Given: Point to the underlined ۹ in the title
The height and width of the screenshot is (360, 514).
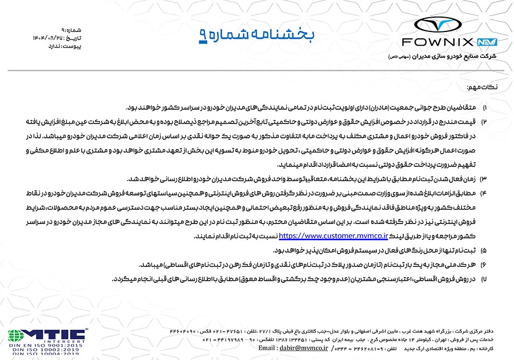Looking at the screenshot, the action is (x=203, y=35).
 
